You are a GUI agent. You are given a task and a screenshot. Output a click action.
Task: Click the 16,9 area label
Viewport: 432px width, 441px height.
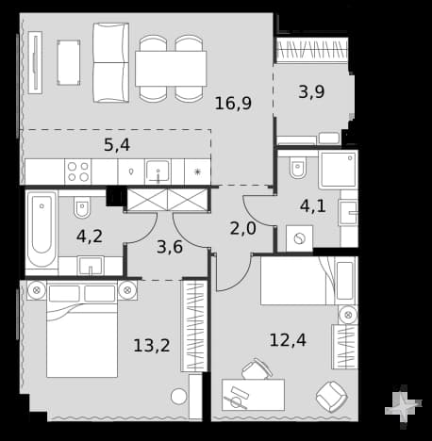233,104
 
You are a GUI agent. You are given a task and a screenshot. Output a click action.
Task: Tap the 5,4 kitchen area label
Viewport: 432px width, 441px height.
117,145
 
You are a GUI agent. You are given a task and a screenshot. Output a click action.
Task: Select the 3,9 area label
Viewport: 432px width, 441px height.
311,92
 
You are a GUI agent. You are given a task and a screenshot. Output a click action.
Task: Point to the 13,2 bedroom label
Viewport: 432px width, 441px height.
152,345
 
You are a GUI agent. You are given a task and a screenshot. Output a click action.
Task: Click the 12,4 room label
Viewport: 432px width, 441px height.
288,340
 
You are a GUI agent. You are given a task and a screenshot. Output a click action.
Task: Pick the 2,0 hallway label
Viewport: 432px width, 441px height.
243,228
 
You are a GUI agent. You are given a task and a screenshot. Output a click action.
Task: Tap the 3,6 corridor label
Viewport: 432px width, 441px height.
170,247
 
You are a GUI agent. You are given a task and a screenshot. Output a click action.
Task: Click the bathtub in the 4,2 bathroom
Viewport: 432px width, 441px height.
42,229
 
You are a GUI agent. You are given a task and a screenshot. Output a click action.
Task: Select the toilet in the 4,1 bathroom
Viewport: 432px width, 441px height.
298,167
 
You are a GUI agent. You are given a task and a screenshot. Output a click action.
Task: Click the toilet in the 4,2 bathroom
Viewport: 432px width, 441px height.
82,206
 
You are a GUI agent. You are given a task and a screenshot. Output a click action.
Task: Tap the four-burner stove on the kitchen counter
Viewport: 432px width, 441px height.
78,171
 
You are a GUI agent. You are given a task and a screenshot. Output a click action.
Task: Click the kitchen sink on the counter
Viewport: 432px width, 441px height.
158,171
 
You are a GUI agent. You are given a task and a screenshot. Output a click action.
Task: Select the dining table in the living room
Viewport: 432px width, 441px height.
171,69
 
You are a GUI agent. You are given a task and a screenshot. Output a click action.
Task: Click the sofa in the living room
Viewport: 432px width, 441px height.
111,62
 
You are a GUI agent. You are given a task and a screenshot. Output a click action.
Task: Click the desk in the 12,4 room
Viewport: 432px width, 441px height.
253,395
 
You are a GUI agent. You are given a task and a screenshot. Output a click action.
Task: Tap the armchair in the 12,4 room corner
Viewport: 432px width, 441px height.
332,397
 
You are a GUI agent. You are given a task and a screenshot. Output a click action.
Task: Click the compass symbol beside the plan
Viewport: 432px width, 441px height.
404,406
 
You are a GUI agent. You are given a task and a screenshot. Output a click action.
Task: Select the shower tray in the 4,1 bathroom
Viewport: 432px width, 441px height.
338,170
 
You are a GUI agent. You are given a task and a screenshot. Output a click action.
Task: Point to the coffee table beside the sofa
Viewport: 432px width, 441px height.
69,62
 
